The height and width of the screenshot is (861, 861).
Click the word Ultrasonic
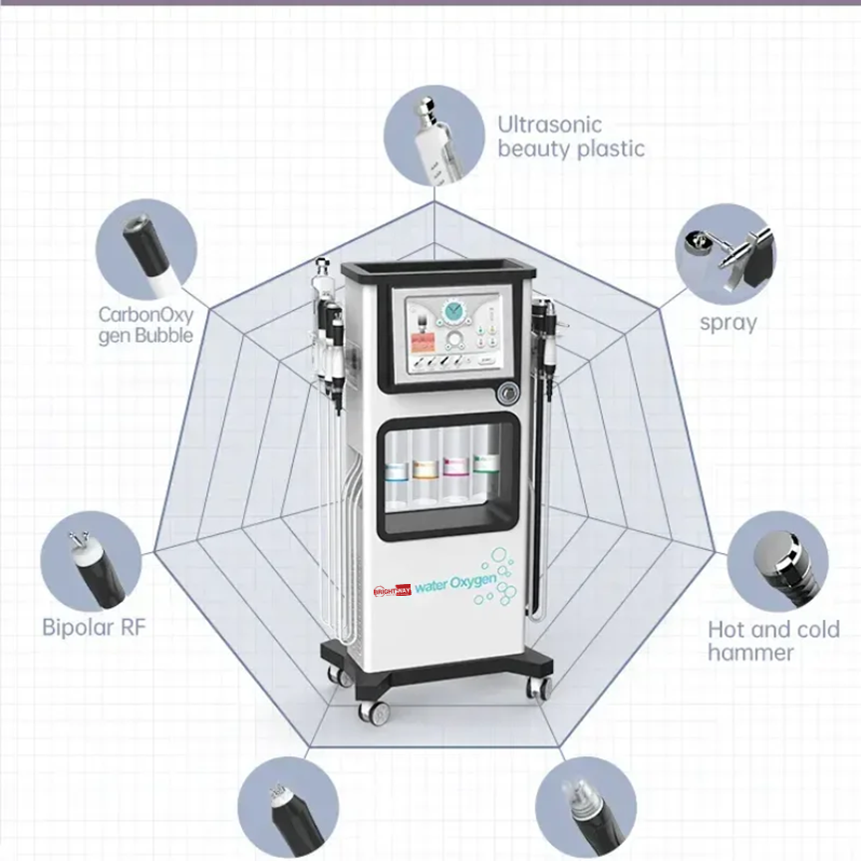click(550, 125)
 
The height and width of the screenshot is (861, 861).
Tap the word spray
click(727, 323)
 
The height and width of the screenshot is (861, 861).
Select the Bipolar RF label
click(94, 627)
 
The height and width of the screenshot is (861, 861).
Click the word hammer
click(750, 653)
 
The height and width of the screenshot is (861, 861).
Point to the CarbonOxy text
click(144, 314)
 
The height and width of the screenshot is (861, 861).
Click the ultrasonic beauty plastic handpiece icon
click(433, 135)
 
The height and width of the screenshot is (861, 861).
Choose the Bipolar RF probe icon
click(92, 564)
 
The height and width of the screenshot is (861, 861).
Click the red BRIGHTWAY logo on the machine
click(392, 589)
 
